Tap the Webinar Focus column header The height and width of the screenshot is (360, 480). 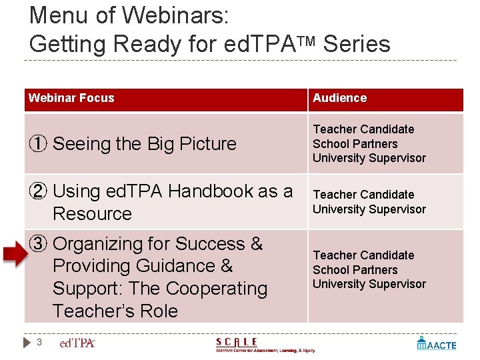pyautogui.click(x=71, y=98)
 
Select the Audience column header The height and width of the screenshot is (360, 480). pyautogui.click(x=340, y=98)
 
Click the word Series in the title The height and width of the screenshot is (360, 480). pyautogui.click(x=357, y=44)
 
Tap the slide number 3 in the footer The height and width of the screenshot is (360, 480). pyautogui.click(x=39, y=343)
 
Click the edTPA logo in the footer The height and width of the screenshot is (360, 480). pyautogui.click(x=77, y=343)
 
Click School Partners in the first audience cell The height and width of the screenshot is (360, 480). pyautogui.click(x=355, y=144)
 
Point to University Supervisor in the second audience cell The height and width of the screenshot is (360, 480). pyautogui.click(x=369, y=209)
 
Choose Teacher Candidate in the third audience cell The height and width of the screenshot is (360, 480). pyautogui.click(x=363, y=255)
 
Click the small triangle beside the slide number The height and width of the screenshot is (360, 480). pyautogui.click(x=27, y=343)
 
